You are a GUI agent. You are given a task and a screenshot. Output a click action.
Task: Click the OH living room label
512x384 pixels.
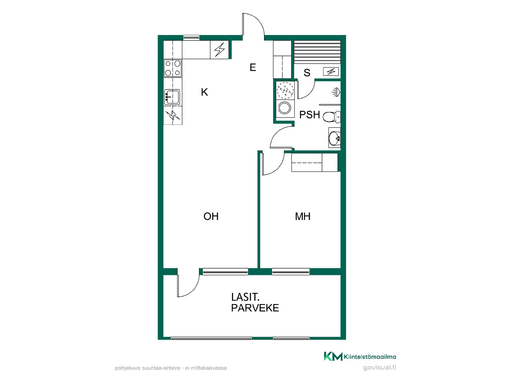pos(211,216)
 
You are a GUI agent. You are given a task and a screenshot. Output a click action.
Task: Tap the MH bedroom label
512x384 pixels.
pos(303,216)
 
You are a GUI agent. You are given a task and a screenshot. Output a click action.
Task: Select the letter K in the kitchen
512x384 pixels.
pos(204,92)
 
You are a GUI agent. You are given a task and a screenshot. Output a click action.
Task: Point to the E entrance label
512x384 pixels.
pos(253,67)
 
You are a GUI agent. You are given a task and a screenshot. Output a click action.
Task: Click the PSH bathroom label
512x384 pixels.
pos(310,115)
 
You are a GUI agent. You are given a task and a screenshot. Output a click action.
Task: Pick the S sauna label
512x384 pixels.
pos(307,73)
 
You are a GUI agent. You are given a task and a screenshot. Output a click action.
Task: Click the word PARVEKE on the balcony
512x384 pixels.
pos(255,308)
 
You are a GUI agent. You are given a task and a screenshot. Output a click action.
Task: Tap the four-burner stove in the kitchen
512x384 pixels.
pos(173,68)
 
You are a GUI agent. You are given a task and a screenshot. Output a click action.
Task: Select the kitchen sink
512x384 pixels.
pos(172,97)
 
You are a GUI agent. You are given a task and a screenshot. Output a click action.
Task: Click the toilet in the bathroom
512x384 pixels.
pos(332,117)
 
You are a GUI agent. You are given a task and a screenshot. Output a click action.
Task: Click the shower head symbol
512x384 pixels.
pos(336,92)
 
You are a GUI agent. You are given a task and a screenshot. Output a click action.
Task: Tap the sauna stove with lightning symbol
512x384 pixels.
pos(331,71)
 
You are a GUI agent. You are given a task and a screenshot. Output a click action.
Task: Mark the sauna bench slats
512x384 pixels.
pos(317,52)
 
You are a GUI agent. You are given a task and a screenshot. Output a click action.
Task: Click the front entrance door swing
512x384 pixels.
pos(253,24)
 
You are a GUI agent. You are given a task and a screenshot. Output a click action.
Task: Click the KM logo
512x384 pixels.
pos(333,356)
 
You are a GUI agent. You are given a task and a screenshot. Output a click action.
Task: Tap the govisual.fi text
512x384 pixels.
pos(379,367)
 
